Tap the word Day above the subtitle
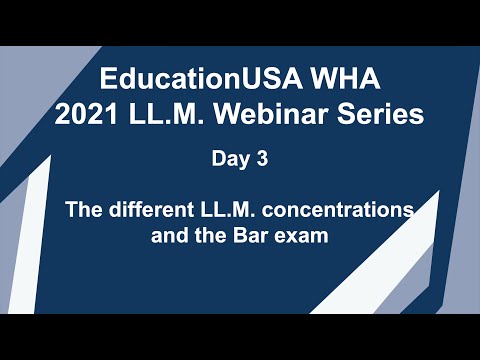point(228,157)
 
